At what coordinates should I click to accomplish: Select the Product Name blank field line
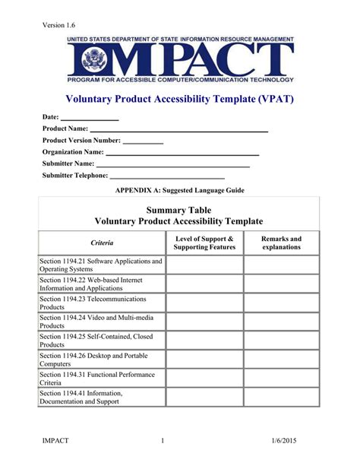179,131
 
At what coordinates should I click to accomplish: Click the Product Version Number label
81,141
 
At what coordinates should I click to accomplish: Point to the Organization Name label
73,152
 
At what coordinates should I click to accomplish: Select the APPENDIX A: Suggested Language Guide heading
179,190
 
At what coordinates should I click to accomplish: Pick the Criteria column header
102,243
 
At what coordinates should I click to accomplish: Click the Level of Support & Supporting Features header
204,243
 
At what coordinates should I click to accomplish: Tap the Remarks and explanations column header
281,243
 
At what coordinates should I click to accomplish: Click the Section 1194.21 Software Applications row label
101,265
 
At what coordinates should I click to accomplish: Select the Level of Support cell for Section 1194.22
204,284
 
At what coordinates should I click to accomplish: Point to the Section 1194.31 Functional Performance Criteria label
101,379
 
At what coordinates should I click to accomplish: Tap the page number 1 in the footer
163,441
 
